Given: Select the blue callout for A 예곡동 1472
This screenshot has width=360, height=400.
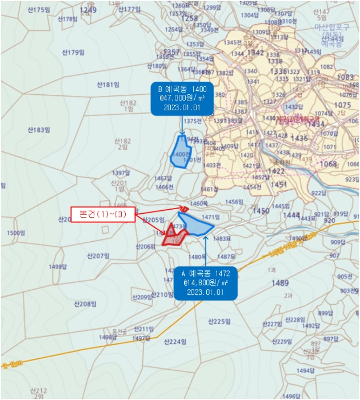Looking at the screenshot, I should click(x=205, y=282).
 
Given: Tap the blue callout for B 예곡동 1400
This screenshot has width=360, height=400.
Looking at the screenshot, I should click(x=182, y=98).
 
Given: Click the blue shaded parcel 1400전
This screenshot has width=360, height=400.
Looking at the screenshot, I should click(x=182, y=153).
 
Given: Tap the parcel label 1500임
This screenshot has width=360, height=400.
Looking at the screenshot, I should click(x=15, y=233).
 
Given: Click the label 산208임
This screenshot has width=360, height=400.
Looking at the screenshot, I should click(x=85, y=303).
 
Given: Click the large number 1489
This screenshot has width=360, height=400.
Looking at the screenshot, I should click(x=280, y=283).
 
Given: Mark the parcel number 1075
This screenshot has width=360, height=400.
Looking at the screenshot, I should click(x=342, y=105).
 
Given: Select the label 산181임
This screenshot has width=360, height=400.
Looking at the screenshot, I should click(x=107, y=85).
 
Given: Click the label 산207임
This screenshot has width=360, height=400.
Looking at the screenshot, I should click(x=98, y=255).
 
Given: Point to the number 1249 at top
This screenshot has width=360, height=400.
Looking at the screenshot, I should click(x=88, y=10).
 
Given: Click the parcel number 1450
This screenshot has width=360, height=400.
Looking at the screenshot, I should click(x=261, y=211).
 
